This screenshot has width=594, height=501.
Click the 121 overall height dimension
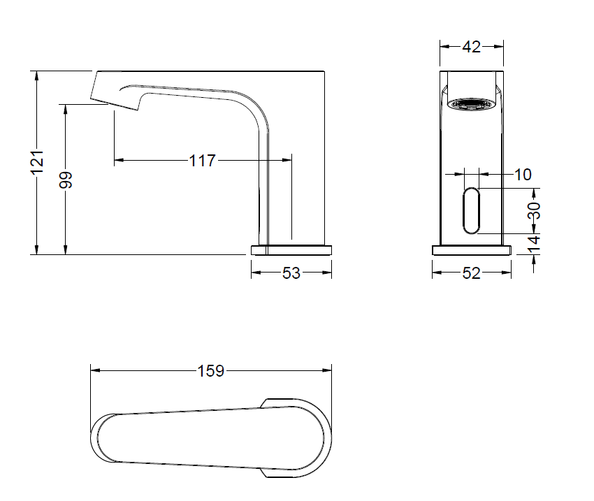(38, 162)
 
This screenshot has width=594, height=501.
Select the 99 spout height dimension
(66, 180)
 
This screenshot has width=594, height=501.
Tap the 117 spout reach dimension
(202, 161)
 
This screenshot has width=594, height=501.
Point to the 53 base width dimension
(291, 273)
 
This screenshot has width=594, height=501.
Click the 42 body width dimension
(471, 47)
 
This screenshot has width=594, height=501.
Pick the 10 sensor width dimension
(523, 175)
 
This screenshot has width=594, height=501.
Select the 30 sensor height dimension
(534, 210)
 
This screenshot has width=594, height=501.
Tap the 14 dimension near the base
(534, 244)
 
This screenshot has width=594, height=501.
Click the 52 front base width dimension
(471, 273)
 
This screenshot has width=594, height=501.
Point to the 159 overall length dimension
(211, 371)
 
